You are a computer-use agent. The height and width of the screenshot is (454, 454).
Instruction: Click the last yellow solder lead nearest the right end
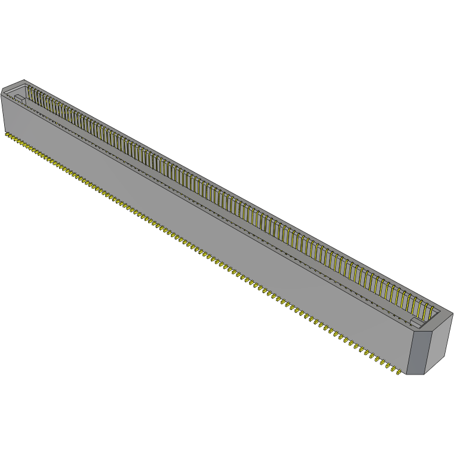point(397,375)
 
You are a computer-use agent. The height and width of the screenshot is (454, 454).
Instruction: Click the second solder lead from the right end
point(389,370)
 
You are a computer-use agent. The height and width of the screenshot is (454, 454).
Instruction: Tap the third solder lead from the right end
point(383,366)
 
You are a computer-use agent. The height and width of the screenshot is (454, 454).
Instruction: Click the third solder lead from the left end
point(16,140)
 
